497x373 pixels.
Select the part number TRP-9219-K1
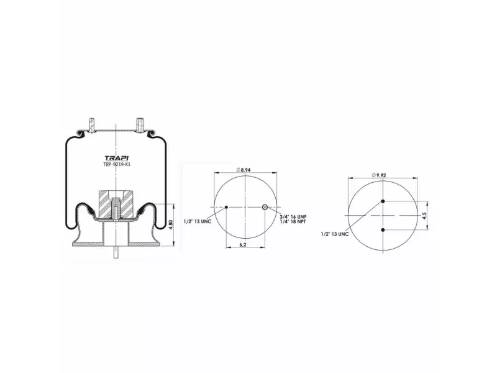click(x=117, y=164)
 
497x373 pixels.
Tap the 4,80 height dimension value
click(x=170, y=224)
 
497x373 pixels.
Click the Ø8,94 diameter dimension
click(x=244, y=170)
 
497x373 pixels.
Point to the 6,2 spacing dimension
click(x=243, y=244)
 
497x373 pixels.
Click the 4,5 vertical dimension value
click(x=424, y=215)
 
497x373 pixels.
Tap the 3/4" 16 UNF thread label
click(x=293, y=217)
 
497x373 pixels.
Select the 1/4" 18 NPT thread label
click(x=293, y=222)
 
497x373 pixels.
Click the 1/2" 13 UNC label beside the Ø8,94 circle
click(x=197, y=221)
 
